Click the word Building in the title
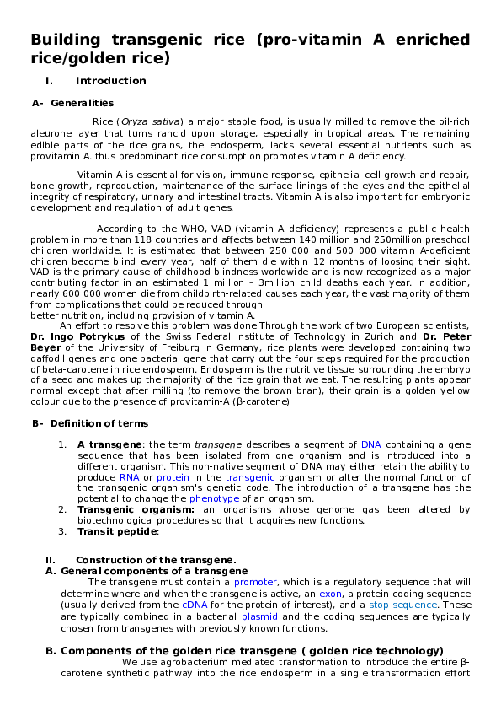click(x=64, y=40)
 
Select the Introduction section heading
click(x=111, y=81)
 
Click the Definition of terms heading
click(x=99, y=423)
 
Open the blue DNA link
click(x=371, y=444)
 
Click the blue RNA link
click(x=106, y=476)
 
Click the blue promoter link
click(x=255, y=582)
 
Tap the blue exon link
click(x=330, y=594)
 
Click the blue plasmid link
click(x=259, y=616)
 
